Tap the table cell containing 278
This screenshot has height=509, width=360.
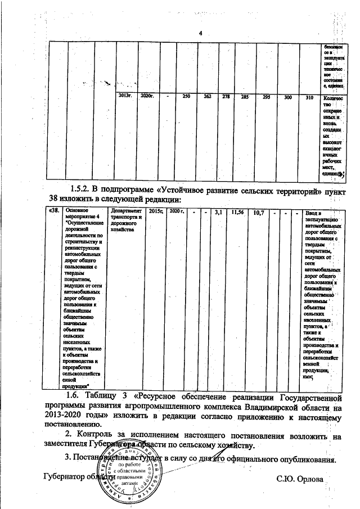click(x=226, y=97)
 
